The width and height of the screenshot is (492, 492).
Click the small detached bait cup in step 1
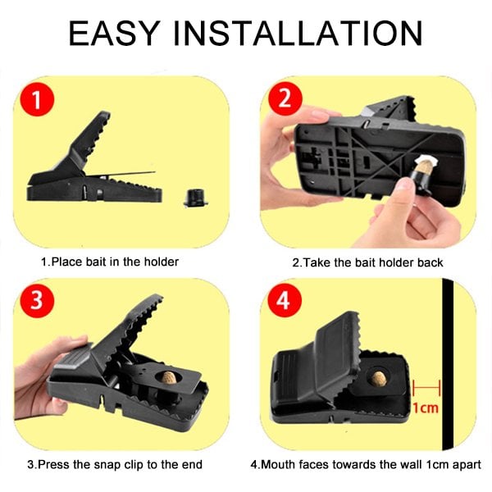pos(194,198)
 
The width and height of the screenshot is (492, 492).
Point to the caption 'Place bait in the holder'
pos(110,262)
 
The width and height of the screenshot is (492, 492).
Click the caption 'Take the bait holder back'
pos(367,262)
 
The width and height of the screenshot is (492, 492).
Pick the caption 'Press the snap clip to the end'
pos(114,465)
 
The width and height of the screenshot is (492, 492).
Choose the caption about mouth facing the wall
pos(371,465)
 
